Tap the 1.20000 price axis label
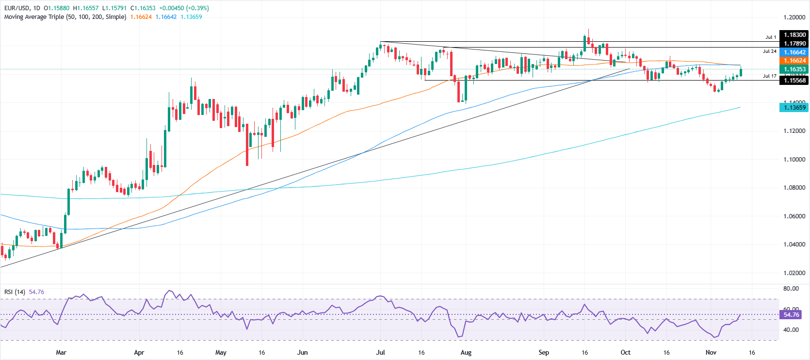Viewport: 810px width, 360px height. pyautogui.click(x=794, y=17)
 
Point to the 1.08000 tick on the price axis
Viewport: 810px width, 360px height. pyautogui.click(x=794, y=188)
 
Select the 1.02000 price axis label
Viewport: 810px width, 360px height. pyautogui.click(x=794, y=273)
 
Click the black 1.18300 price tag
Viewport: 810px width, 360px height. pyautogui.click(x=794, y=35)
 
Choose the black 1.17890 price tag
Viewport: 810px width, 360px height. pyautogui.click(x=794, y=44)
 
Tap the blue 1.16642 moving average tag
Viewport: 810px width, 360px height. pyautogui.click(x=794, y=52)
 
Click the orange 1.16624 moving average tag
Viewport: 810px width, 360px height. pyautogui.click(x=794, y=61)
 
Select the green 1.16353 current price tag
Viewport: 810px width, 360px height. pyautogui.click(x=794, y=69)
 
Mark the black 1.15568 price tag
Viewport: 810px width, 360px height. pyautogui.click(x=794, y=81)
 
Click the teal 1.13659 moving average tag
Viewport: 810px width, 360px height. pyautogui.click(x=794, y=108)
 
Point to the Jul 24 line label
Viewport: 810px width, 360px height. pyautogui.click(x=769, y=51)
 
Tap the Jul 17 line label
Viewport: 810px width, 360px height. pyautogui.click(x=769, y=76)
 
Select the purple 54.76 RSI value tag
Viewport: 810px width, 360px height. pyautogui.click(x=791, y=315)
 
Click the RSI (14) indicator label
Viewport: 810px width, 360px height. pyautogui.click(x=15, y=292)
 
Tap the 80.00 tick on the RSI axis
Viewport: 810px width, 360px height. pyautogui.click(x=791, y=289)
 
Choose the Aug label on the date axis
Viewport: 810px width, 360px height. pyautogui.click(x=466, y=353)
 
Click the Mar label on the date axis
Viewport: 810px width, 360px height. pyautogui.click(x=61, y=353)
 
